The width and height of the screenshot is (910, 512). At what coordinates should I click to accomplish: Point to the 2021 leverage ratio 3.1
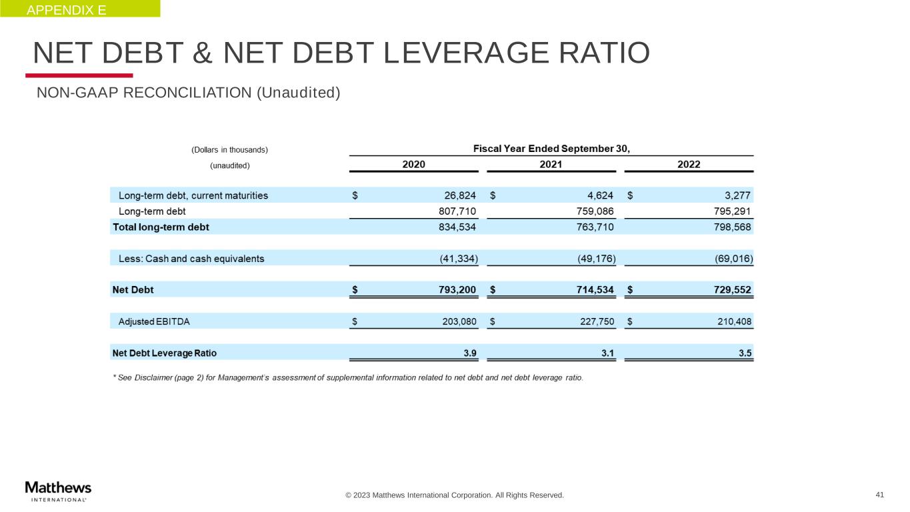click(607, 353)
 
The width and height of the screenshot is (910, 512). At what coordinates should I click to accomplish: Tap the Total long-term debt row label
click(161, 227)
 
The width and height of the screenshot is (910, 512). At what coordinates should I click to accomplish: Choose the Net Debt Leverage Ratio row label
click(165, 353)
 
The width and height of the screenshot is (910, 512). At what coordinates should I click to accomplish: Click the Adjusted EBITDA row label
click(154, 321)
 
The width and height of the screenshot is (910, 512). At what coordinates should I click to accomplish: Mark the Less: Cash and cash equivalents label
click(191, 259)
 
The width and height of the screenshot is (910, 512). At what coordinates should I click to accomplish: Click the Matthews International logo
click(58, 490)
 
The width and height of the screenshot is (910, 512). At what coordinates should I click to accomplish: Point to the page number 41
click(880, 495)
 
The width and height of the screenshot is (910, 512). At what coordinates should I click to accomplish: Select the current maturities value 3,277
click(738, 196)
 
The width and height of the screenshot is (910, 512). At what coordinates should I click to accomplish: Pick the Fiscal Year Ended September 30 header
click(551, 148)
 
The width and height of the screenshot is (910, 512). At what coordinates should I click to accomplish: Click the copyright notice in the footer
click(454, 495)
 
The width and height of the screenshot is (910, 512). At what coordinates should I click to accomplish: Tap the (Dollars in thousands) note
click(230, 149)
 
